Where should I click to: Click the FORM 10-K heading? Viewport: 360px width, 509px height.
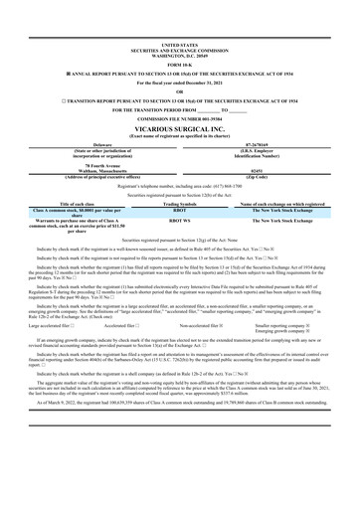tap(179, 65)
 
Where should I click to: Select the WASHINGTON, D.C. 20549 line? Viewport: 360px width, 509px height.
tap(179, 54)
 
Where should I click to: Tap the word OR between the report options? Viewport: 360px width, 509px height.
tap(179, 91)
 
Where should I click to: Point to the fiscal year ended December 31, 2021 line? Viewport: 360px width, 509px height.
tap(179, 83)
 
